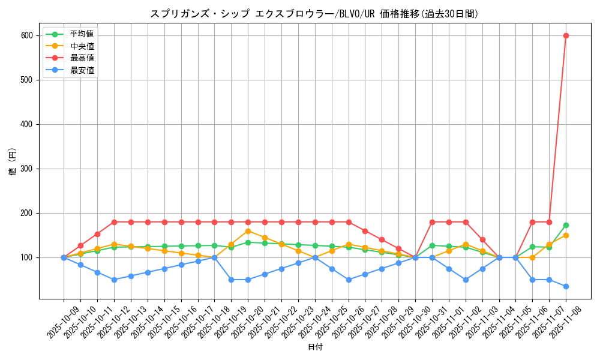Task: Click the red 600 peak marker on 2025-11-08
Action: click(566, 35)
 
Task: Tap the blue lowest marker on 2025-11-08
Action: click(566, 286)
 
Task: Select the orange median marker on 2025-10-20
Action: click(248, 231)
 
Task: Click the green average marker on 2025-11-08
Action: click(566, 225)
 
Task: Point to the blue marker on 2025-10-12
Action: click(114, 280)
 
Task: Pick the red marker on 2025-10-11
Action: click(97, 234)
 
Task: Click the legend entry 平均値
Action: click(82, 34)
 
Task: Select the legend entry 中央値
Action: click(82, 46)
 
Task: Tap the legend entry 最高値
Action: click(82, 58)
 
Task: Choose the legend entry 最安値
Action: click(82, 70)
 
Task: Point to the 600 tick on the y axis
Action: click(28, 35)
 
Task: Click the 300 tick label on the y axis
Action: click(28, 169)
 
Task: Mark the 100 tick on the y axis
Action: click(28, 257)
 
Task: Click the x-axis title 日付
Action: click(315, 347)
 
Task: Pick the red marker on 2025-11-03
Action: click(482, 239)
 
